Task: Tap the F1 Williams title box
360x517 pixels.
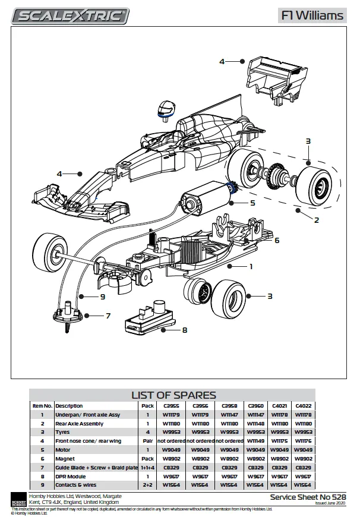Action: [x=312, y=15]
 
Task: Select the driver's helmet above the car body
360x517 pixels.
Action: [x=166, y=110]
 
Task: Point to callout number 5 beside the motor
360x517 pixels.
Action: [x=252, y=203]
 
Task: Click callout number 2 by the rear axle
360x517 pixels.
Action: [x=317, y=220]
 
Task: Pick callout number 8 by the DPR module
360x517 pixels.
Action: [x=185, y=330]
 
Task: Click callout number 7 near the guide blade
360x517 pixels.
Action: [x=108, y=316]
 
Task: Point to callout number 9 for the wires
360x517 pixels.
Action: [x=102, y=296]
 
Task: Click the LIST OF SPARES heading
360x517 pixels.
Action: [x=173, y=395]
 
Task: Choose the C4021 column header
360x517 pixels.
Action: [x=280, y=406]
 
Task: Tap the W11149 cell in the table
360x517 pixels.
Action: [x=255, y=441]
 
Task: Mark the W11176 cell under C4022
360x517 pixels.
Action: [x=303, y=441]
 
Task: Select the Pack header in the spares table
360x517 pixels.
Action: [x=147, y=406]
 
